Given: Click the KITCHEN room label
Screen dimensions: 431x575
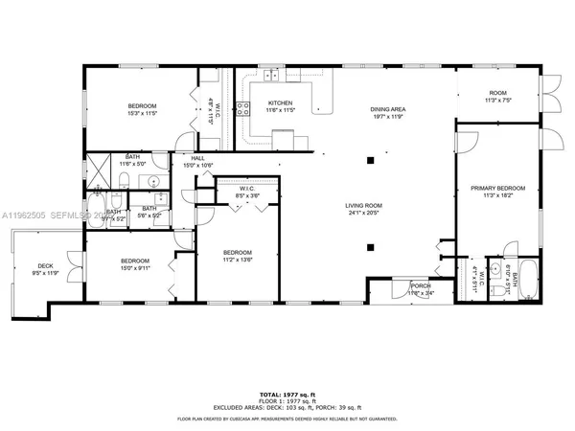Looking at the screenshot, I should tap(280, 103).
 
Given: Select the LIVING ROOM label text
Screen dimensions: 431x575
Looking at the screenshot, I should tap(363, 205).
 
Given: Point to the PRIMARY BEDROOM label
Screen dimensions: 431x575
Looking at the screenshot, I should tap(498, 189).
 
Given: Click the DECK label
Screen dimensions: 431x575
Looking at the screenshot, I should tap(45, 265).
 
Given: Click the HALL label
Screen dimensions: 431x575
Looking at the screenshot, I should tap(197, 159).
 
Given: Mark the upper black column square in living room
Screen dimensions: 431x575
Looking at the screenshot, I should tap(370, 161).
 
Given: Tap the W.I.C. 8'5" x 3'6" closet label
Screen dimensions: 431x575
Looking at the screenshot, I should tap(247, 193).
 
